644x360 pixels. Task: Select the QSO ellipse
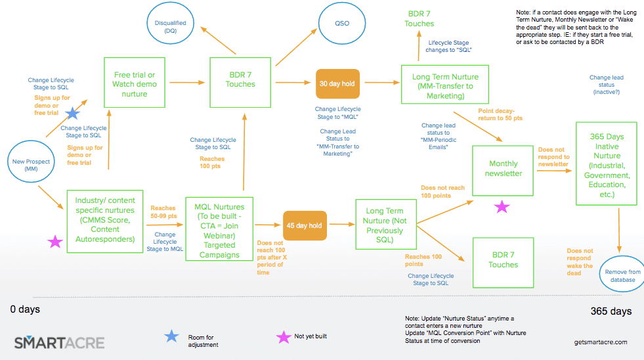pyautogui.click(x=341, y=24)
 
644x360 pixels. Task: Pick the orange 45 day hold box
pyautogui.click(x=305, y=225)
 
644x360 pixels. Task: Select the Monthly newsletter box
pyautogui.click(x=503, y=169)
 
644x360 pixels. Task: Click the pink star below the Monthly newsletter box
pyautogui.click(x=502, y=207)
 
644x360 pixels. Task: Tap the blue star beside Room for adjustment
pyautogui.click(x=171, y=336)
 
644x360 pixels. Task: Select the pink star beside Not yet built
pyautogui.click(x=284, y=336)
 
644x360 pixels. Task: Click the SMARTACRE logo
pyautogui.click(x=58, y=342)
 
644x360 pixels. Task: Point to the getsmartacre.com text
pyautogui.click(x=599, y=342)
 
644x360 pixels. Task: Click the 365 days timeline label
pyautogui.click(x=611, y=311)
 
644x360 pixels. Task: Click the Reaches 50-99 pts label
pyautogui.click(x=164, y=212)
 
